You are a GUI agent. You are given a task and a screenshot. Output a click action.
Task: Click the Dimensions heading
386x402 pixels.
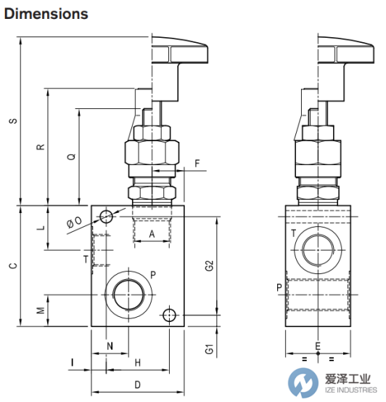(x=46, y=14)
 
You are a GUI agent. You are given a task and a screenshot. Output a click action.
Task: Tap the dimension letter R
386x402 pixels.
(x=41, y=147)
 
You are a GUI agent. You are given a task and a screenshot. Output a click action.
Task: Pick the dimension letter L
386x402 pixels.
(x=41, y=228)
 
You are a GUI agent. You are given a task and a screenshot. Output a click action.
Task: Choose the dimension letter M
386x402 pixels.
(x=41, y=310)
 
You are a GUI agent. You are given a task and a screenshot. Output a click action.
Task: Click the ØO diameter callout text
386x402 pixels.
(x=74, y=222)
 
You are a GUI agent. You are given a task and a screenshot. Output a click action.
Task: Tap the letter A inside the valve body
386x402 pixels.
(x=152, y=234)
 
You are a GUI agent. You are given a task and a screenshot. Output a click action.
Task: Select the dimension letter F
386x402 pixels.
(x=197, y=164)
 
